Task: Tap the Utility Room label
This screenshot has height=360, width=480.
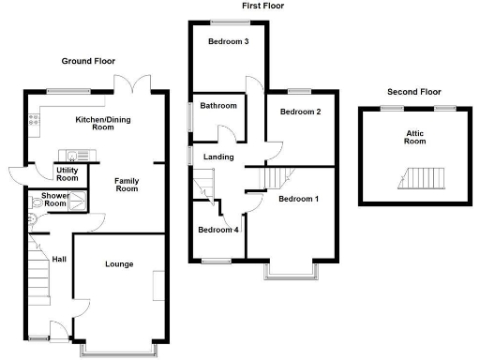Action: pos(67,172)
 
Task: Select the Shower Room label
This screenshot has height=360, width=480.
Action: pos(53,200)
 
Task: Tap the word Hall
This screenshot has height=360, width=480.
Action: pos(59,260)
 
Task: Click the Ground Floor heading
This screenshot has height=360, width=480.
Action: pos(88,61)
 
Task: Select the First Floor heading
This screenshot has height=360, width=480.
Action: pos(262,6)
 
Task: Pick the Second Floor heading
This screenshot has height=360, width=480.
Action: pos(413,92)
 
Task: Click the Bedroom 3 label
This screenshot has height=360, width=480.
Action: pos(228,41)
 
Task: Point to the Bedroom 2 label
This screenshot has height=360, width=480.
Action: pos(300,112)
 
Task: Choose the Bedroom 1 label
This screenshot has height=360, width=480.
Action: pos(298,199)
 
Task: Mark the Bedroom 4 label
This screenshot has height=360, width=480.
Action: pos(217,230)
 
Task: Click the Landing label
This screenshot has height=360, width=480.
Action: pos(220,157)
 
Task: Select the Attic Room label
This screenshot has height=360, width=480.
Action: pos(414,139)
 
